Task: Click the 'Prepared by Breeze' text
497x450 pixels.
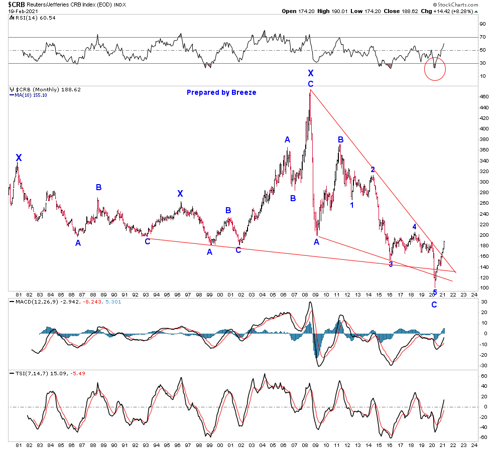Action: pyautogui.click(x=221, y=92)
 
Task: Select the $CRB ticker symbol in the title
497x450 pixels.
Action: pyautogui.click(x=12, y=4)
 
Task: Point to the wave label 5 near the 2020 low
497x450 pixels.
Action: pyautogui.click(x=435, y=292)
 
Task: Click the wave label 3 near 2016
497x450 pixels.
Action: pyautogui.click(x=391, y=264)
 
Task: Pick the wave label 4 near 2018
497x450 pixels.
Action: pyautogui.click(x=414, y=227)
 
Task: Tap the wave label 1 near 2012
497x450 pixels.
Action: pyautogui.click(x=352, y=205)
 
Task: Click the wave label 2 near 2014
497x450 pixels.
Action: pyautogui.click(x=372, y=170)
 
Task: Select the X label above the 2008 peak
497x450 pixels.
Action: pyautogui.click(x=311, y=73)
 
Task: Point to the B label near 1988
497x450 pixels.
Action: pyautogui.click(x=99, y=187)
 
